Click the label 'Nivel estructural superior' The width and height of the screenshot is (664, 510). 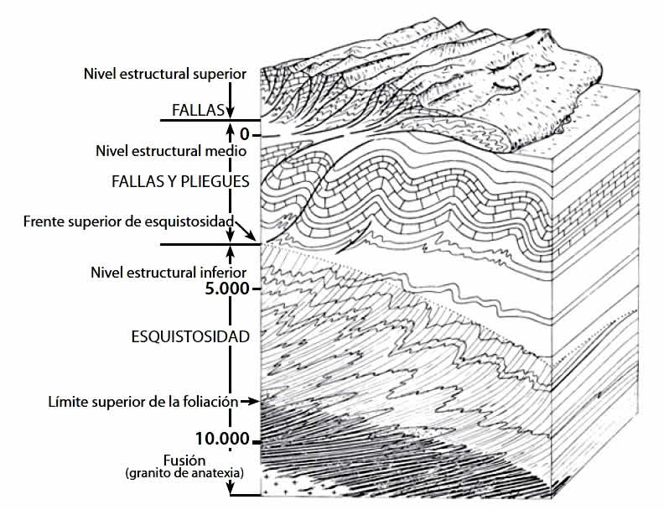pyautogui.click(x=165, y=74)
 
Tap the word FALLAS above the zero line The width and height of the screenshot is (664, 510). pyautogui.click(x=199, y=110)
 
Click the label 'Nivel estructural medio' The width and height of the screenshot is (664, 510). pyautogui.click(x=171, y=152)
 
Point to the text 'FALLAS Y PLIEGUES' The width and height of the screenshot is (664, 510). pyautogui.click(x=180, y=181)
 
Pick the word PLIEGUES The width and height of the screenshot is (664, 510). pyautogui.click(x=216, y=181)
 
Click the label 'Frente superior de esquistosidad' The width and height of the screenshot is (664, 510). pyautogui.click(x=128, y=221)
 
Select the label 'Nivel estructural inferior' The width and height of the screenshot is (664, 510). pyautogui.click(x=168, y=273)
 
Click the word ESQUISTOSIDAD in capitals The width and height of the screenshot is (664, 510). pyautogui.click(x=190, y=337)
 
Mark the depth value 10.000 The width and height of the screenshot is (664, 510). pyautogui.click(x=222, y=439)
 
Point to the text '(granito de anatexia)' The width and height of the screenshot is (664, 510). pyautogui.click(x=185, y=473)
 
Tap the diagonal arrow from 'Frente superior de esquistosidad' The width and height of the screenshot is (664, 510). pyautogui.click(x=246, y=229)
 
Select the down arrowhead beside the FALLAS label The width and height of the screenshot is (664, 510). pyautogui.click(x=231, y=114)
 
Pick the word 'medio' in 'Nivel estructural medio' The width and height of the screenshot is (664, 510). pyautogui.click(x=229, y=152)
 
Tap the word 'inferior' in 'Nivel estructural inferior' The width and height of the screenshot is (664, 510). pyautogui.click(x=224, y=273)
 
